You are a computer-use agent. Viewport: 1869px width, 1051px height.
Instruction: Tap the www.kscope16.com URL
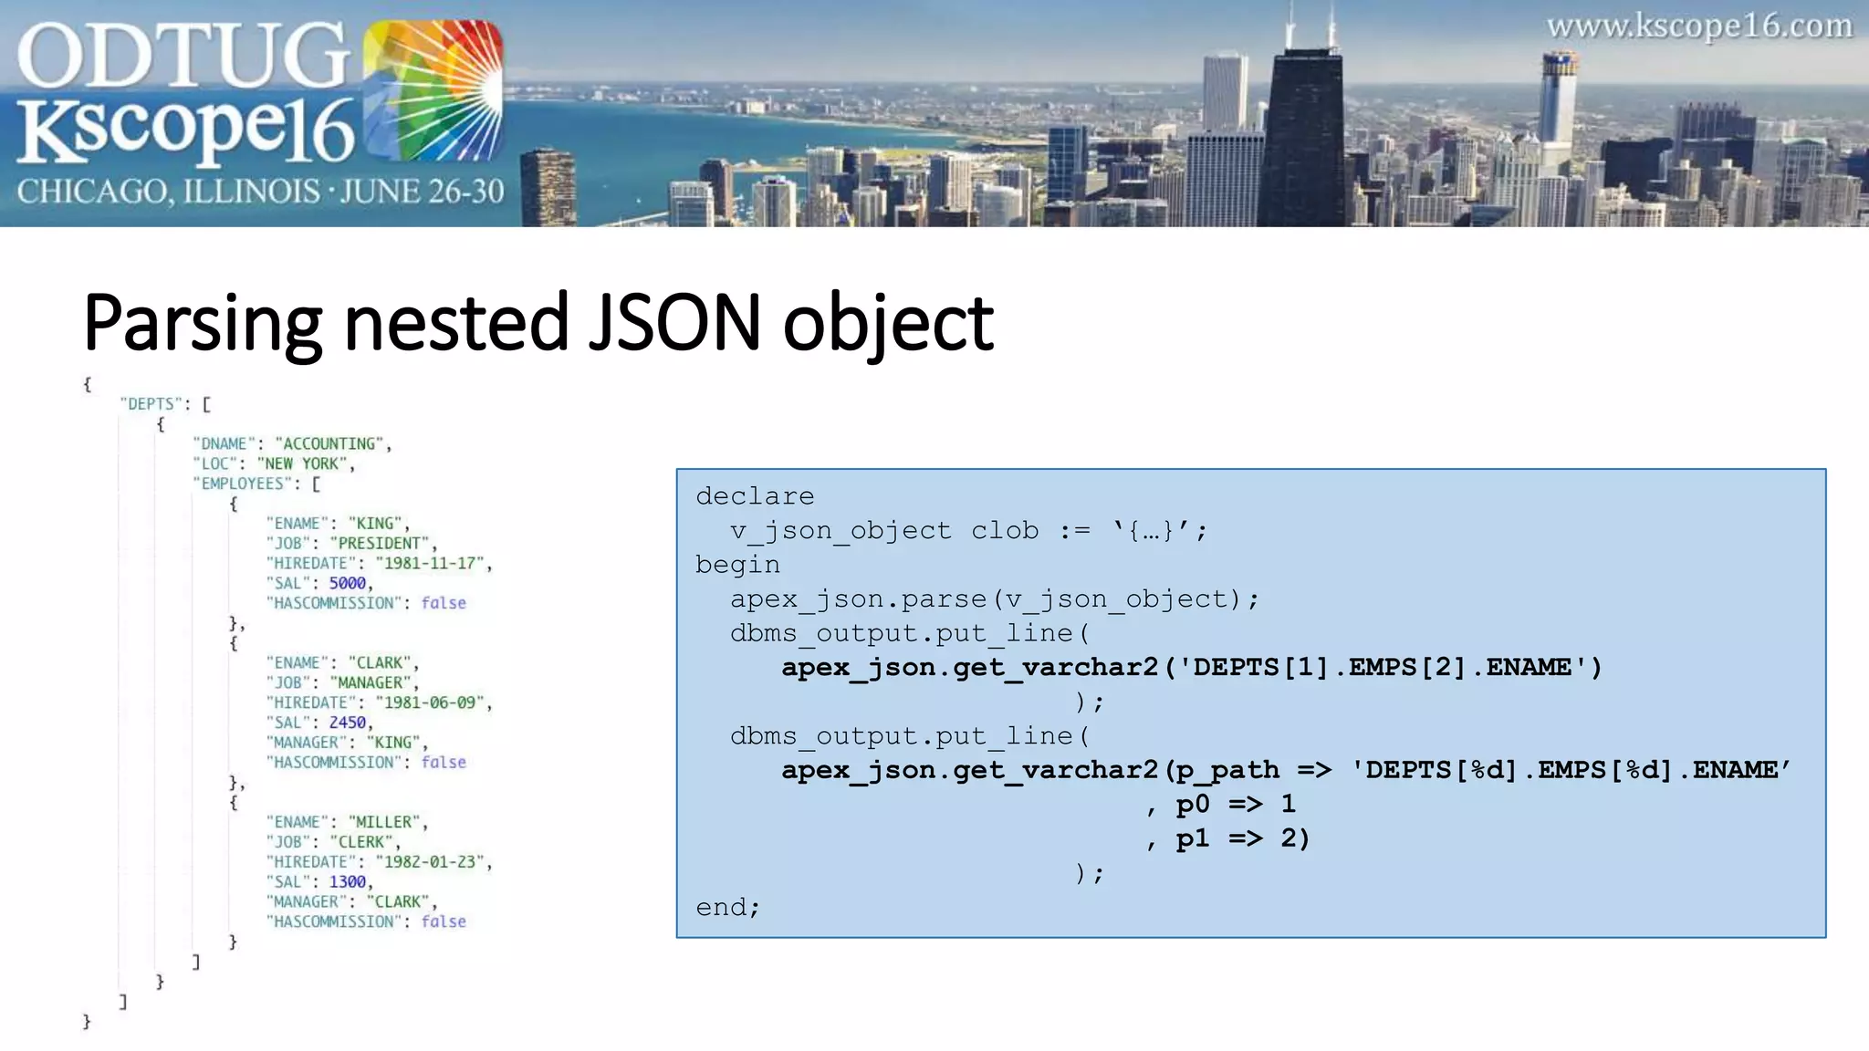(1699, 26)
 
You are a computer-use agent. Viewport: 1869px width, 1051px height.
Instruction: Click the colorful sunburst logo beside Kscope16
(433, 91)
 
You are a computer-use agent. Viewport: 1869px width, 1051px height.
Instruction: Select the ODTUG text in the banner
(183, 57)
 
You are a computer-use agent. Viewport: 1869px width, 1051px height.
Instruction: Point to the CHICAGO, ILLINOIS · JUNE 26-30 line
(260, 192)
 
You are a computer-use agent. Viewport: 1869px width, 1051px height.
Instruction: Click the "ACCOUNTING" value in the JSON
(329, 444)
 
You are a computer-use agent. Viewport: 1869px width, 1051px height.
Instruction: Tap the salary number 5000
(347, 584)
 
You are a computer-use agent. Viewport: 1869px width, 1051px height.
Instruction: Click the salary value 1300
(347, 882)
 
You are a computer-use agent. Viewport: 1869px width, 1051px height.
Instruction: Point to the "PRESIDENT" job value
(379, 544)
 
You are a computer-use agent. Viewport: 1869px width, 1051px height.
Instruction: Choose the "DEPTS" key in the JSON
(151, 404)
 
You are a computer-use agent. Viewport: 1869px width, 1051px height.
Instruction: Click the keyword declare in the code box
(755, 496)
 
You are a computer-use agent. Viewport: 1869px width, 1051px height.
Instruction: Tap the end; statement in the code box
(727, 907)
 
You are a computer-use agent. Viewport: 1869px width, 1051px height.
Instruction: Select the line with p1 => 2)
(1241, 838)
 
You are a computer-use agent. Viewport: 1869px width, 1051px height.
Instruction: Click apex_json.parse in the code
(858, 599)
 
